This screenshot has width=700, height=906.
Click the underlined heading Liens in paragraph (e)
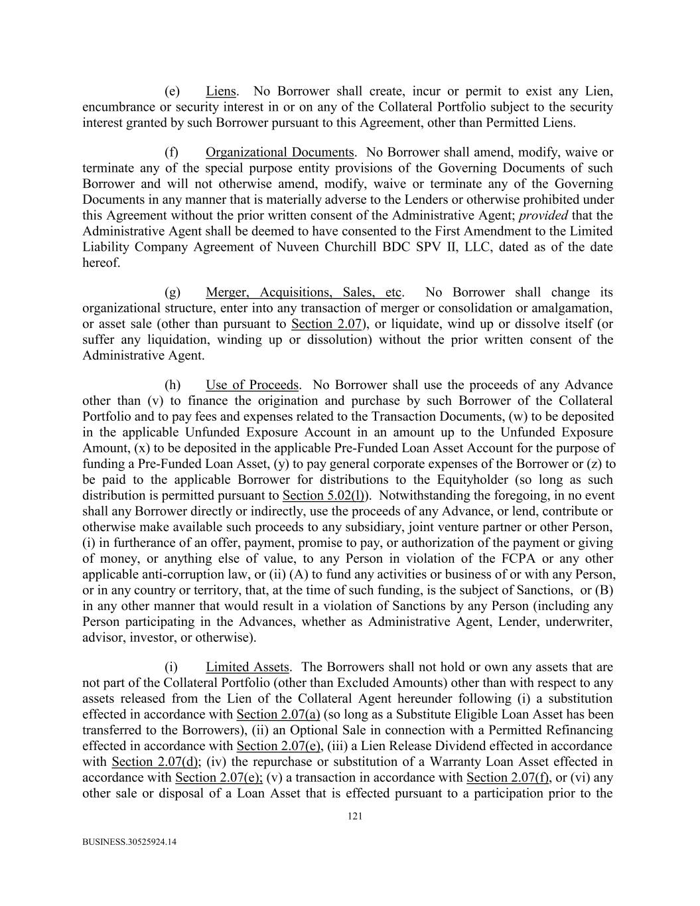point(221,91)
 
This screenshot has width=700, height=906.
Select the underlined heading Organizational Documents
point(279,153)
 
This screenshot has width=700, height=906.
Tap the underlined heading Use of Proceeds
point(252,385)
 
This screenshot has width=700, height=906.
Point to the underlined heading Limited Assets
point(247,667)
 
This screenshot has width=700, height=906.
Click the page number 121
point(355,817)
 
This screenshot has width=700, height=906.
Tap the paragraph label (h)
point(173,385)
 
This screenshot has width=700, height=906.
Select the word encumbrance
point(118,107)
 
